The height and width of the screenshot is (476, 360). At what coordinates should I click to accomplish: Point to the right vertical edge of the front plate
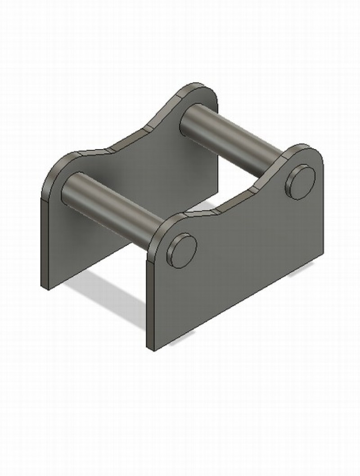[323, 212]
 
